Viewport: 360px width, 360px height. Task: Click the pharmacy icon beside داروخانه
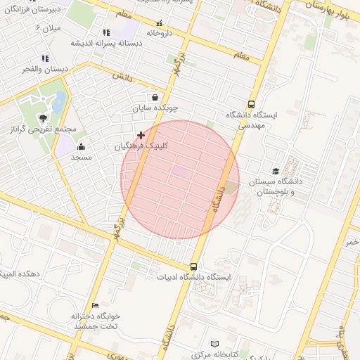(159, 22)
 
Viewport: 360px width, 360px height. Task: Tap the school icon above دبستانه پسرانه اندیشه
(105, 32)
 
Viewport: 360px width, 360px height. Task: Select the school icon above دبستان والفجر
(45, 59)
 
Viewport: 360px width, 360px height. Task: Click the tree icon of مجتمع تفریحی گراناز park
(44, 118)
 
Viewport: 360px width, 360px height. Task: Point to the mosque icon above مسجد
(82, 147)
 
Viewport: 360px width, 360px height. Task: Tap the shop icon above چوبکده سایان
(155, 98)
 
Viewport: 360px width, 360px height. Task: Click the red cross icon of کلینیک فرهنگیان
(141, 134)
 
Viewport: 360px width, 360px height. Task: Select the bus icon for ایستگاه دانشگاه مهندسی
(252, 103)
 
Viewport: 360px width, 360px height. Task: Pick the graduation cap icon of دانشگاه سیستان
(276, 171)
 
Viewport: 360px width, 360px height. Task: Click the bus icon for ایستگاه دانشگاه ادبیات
(193, 266)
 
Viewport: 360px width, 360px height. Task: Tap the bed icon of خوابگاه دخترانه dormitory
(96, 304)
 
